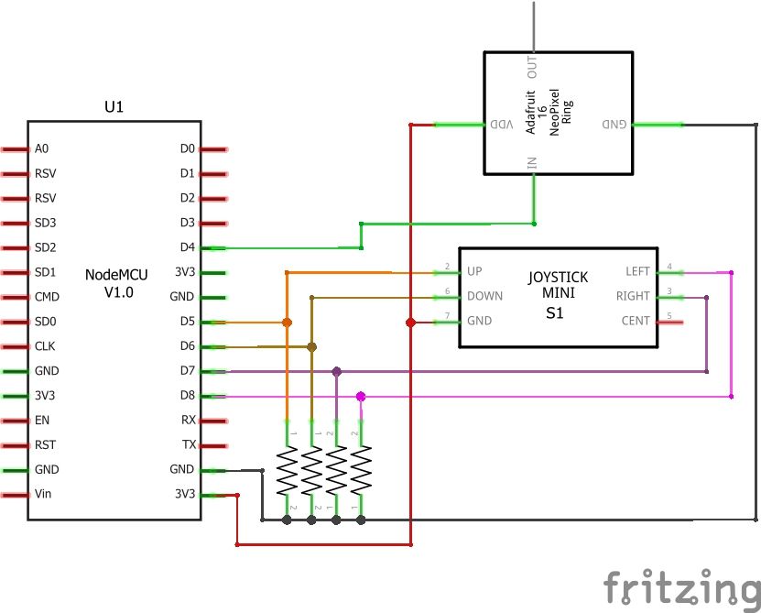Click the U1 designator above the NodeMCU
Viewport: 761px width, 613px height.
click(114, 107)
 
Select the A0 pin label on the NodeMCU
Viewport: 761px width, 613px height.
click(41, 148)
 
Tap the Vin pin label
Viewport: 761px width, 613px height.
click(43, 495)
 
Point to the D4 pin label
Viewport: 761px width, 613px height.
click(187, 247)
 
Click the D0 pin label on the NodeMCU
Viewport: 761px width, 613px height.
click(187, 148)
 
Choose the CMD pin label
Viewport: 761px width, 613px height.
click(48, 297)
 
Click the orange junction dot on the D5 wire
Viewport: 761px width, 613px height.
click(288, 323)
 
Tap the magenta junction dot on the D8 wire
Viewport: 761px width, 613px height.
click(361, 397)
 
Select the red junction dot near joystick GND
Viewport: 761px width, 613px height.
click(410, 323)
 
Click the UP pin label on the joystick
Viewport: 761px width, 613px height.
click(474, 272)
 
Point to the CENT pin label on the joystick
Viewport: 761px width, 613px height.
click(635, 322)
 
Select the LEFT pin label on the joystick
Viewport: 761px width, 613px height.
click(636, 272)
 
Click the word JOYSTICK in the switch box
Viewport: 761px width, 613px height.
click(559, 277)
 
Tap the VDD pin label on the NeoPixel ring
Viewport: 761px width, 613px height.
click(503, 125)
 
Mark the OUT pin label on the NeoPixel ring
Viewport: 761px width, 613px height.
click(532, 66)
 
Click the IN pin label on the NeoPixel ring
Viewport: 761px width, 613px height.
click(532, 162)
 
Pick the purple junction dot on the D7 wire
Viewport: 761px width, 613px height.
click(337, 372)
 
